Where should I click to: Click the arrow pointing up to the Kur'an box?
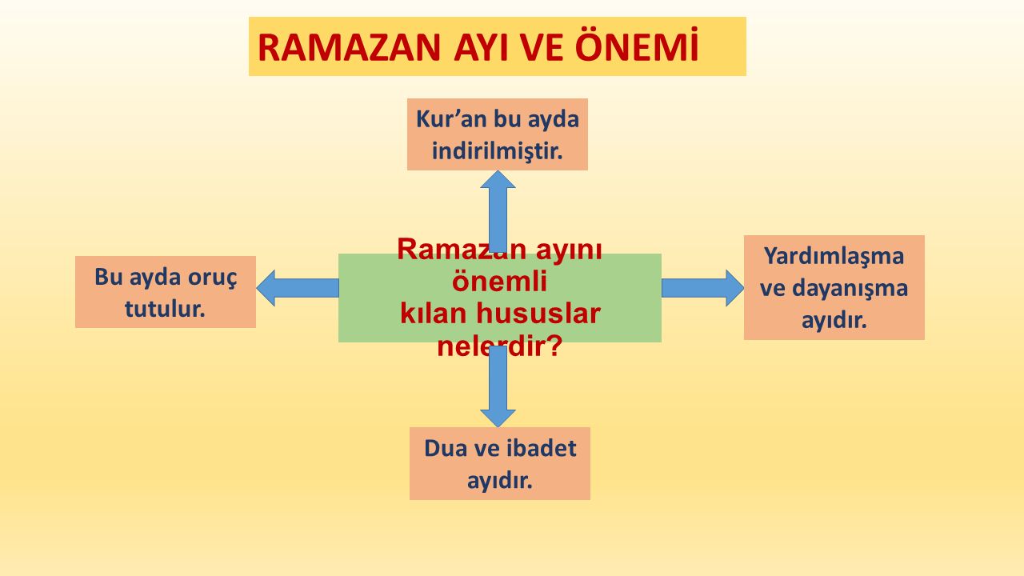pyautogui.click(x=498, y=210)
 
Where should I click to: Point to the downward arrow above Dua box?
pyautogui.click(x=498, y=388)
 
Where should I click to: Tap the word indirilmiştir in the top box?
pyautogui.click(x=497, y=150)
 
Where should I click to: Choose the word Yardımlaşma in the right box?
pyautogui.click(x=834, y=256)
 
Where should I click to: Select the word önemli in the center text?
pyautogui.click(x=499, y=282)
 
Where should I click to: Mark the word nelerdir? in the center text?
pyautogui.click(x=499, y=346)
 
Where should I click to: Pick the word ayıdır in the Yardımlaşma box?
pyautogui.click(x=834, y=321)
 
